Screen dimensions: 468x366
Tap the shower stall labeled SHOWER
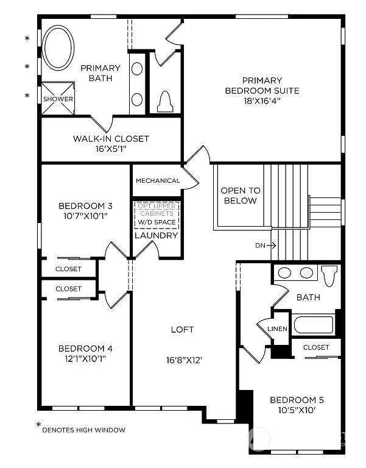coord(58,99)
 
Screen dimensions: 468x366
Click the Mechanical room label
coord(158,181)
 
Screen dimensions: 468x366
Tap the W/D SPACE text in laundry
coord(157,222)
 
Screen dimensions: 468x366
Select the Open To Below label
coord(240,196)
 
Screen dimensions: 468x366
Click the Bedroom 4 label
coord(85,349)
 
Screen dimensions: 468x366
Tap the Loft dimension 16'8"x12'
coord(182,360)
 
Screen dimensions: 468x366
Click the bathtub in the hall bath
coord(314,324)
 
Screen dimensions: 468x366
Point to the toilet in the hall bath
coord(329,276)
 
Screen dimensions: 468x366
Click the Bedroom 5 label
coord(297,400)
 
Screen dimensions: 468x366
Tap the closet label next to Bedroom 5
coord(316,347)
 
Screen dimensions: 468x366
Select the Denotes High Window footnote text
coord(83,430)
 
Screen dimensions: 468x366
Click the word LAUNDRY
coord(157,235)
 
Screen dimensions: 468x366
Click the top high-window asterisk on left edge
coord(27,39)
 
